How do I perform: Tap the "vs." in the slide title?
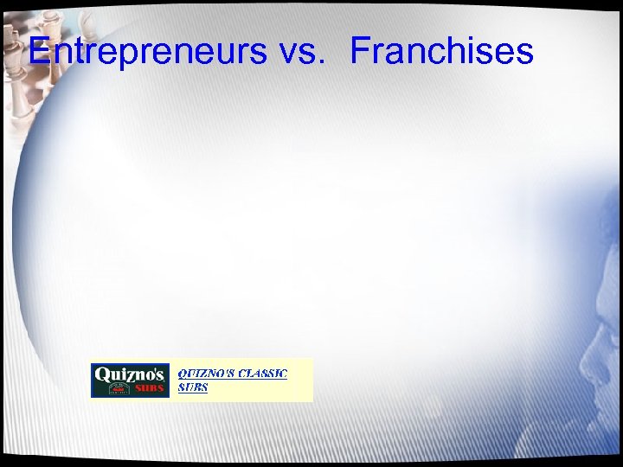tap(302, 51)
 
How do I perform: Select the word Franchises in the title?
tap(441, 51)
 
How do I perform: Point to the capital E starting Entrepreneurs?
tap(39, 51)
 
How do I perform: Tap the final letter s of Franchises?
tap(524, 54)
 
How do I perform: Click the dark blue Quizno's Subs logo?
tap(129, 381)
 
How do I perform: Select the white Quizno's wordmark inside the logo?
tap(129, 375)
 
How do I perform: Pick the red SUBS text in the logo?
tap(149, 389)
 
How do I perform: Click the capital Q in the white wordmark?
tap(102, 375)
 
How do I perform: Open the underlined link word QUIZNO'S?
tap(205, 374)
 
